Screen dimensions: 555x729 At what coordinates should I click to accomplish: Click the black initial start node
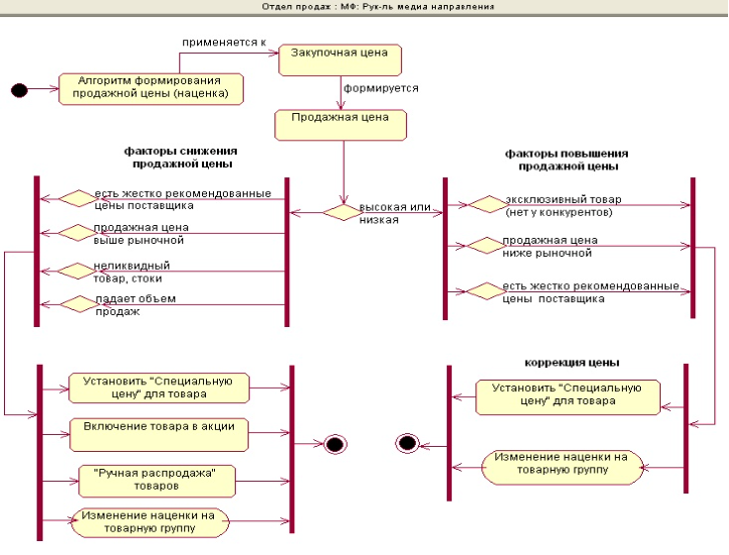pos(18,89)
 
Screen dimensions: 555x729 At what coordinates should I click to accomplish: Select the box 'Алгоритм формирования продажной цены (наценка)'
pos(151,87)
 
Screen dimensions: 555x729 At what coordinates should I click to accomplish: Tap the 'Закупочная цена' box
pos(340,58)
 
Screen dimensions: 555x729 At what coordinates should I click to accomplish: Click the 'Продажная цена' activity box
pos(341,124)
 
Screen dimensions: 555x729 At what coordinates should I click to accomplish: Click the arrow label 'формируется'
pos(380,87)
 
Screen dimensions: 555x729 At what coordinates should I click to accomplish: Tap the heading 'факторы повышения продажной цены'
pos(566,160)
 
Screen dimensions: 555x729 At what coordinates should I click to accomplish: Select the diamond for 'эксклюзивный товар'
pos(486,204)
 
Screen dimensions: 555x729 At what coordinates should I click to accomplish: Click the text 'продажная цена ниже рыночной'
pos(549,247)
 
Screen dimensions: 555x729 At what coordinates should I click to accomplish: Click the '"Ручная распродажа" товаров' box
pos(156,480)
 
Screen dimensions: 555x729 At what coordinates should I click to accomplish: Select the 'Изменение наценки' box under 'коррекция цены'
pos(562,464)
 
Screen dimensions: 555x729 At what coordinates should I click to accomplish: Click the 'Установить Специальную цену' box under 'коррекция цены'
pos(568,394)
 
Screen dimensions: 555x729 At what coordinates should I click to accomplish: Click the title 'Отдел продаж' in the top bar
pos(287,7)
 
